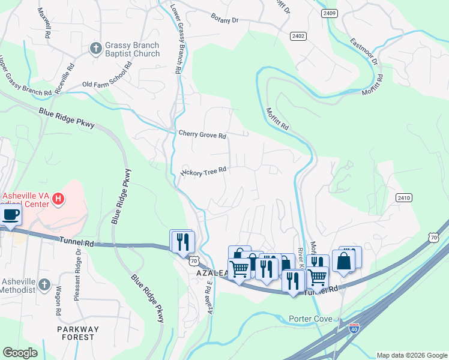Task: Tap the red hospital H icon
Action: [x=58, y=199]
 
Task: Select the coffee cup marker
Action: [x=10, y=215]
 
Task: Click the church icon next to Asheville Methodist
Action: [x=44, y=284]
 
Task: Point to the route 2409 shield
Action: [x=329, y=13]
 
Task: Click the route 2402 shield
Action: [x=298, y=37]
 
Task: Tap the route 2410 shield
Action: [x=403, y=197]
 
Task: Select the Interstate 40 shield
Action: [x=355, y=328]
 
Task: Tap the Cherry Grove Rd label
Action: [x=202, y=134]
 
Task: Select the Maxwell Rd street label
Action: [x=44, y=23]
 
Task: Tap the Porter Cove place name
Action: [x=310, y=319]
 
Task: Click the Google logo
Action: [x=20, y=353]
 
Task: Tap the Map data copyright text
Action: [x=411, y=355]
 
